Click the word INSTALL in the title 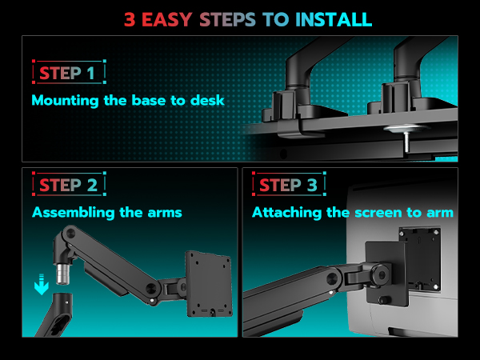(334, 19)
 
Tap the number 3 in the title (130, 19)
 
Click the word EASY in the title (167, 19)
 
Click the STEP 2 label (69, 184)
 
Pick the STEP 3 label (289, 184)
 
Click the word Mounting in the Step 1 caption (65, 101)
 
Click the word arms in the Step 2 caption (165, 213)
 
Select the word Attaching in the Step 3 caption (286, 213)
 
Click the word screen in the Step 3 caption (378, 213)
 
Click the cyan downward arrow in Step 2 (42, 284)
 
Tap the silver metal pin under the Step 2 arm (62, 274)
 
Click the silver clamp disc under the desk (405, 128)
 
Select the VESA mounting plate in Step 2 (209, 284)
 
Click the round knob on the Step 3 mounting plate (383, 299)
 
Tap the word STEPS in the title (227, 19)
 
